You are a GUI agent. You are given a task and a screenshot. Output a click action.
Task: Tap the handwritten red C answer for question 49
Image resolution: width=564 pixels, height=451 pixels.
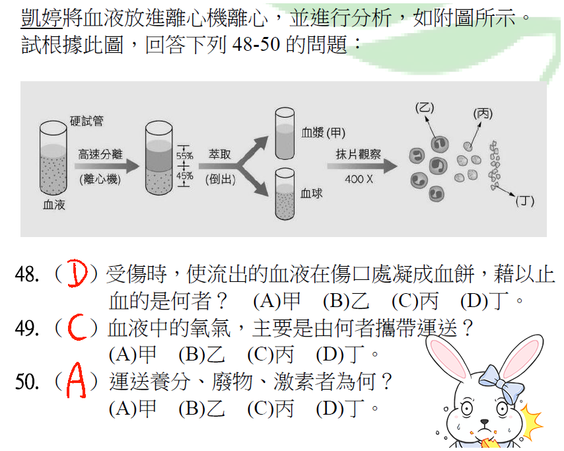(77, 327)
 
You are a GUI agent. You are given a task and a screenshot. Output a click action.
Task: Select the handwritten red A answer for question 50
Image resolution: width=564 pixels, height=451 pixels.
(77, 383)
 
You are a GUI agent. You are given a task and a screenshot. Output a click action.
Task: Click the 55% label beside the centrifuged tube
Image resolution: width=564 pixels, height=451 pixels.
(184, 156)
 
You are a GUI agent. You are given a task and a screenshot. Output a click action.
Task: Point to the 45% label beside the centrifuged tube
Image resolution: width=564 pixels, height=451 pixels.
(184, 176)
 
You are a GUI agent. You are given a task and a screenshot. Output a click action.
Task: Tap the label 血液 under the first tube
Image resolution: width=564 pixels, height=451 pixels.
(54, 205)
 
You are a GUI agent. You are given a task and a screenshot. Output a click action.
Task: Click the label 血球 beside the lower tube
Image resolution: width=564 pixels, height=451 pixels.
(311, 193)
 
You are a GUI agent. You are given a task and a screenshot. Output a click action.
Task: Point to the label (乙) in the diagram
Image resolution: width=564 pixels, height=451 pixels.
(424, 107)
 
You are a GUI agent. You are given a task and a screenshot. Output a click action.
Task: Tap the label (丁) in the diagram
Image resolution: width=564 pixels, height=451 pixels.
(524, 201)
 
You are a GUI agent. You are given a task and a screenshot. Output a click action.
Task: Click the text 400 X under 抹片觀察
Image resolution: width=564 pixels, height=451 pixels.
(359, 179)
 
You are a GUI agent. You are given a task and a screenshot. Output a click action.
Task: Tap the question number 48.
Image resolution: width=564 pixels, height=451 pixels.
(28, 275)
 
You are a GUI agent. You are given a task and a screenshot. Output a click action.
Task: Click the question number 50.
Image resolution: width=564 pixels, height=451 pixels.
(28, 383)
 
